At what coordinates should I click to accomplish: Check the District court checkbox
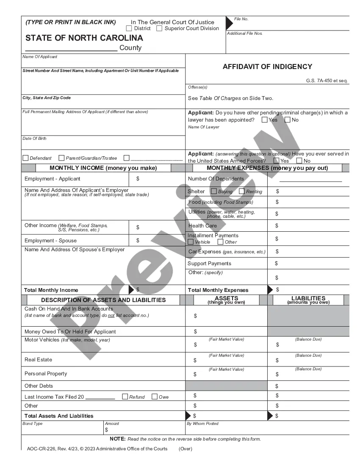(129, 28)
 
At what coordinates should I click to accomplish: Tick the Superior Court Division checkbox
(159, 28)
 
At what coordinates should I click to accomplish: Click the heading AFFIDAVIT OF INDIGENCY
(267, 67)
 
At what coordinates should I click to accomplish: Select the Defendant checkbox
(25, 158)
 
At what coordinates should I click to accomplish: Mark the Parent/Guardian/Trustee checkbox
(61, 158)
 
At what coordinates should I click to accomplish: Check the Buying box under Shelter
(214, 191)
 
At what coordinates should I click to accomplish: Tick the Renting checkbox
(242, 191)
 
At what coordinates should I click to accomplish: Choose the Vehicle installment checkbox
(191, 242)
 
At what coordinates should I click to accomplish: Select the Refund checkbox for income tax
(125, 397)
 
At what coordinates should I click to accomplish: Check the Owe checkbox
(155, 397)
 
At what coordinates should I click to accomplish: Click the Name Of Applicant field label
(40, 57)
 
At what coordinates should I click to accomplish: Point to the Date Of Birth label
(34, 139)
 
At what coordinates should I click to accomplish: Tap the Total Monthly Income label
(51, 290)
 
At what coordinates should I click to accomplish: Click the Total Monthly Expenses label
(218, 290)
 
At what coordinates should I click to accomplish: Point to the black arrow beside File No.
(229, 22)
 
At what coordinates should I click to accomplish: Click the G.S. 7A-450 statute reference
(327, 80)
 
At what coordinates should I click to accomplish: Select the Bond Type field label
(33, 424)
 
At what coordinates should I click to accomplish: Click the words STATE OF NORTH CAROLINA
(84, 38)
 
